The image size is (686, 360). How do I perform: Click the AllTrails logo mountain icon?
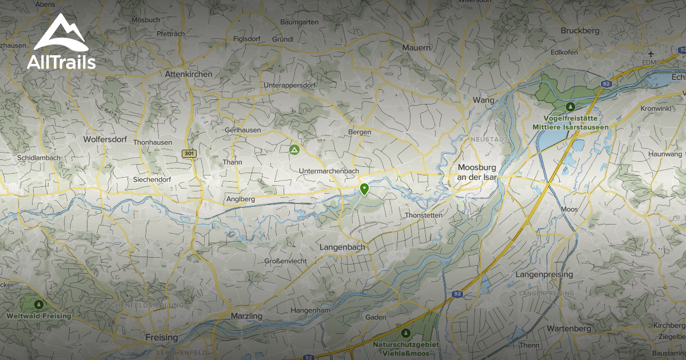(x=61, y=33)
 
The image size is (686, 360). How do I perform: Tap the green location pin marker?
(x=364, y=189)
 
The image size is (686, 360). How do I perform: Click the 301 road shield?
(x=189, y=154)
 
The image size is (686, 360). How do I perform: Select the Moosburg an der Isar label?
(x=477, y=173)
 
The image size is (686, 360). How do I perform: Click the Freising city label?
(x=162, y=337)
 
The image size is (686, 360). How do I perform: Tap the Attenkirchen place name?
(x=188, y=74)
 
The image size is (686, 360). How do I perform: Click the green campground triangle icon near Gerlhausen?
(x=294, y=150)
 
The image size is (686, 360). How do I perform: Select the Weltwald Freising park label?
(x=39, y=315)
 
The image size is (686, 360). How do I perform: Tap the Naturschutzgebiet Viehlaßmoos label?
(x=405, y=349)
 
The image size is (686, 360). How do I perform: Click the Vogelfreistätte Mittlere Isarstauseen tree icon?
(x=569, y=106)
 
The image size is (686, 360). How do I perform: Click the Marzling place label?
(x=246, y=316)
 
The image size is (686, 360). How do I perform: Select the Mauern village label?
(x=416, y=47)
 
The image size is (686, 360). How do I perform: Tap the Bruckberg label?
(x=580, y=31)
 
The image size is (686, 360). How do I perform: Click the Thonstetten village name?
(x=424, y=215)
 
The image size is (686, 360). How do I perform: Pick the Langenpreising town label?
(x=544, y=275)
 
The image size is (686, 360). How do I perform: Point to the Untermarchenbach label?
(x=329, y=171)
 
